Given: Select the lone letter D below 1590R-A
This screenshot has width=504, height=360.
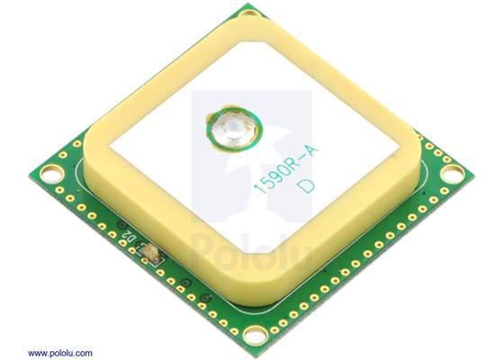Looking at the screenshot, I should pos(306,186).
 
